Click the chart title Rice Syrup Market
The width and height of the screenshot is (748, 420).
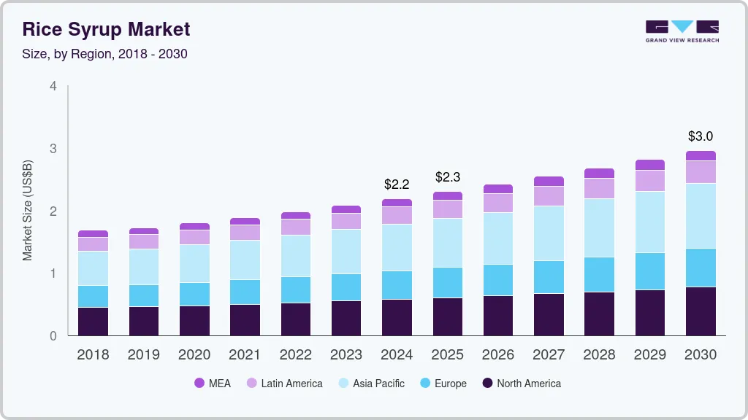[106, 29]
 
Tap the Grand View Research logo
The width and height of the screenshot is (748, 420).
[682, 31]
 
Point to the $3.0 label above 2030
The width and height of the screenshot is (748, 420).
[701, 136]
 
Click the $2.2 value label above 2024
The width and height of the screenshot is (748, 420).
[397, 184]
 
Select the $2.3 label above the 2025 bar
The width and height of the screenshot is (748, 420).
[448, 177]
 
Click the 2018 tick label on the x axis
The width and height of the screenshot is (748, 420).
[93, 355]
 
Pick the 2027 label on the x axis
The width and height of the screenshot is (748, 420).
[549, 355]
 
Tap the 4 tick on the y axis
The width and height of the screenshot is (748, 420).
[53, 86]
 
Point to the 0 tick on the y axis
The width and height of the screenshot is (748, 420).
[53, 336]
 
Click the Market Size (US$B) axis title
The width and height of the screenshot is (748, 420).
[28, 211]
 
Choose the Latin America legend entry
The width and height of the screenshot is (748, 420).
[284, 384]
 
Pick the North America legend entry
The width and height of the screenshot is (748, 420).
[521, 384]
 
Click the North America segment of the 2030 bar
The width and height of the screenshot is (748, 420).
[701, 311]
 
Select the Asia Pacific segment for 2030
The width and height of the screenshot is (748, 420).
[701, 216]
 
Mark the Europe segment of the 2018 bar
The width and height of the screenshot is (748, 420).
[93, 297]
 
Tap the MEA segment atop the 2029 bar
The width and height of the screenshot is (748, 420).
[650, 165]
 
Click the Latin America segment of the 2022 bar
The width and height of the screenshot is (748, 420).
[296, 227]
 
